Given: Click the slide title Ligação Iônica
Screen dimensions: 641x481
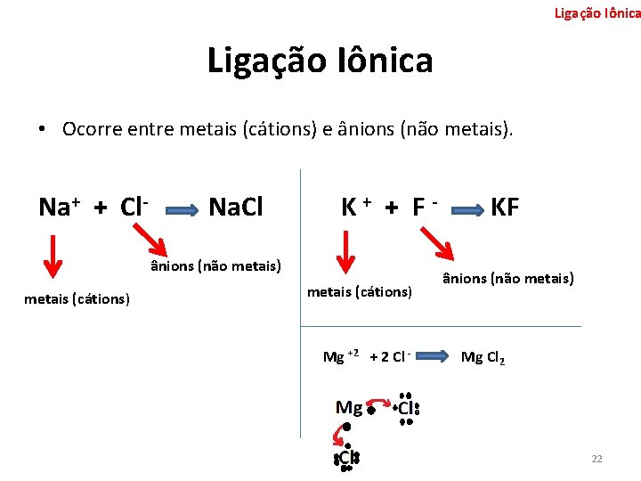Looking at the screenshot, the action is click(x=320, y=61).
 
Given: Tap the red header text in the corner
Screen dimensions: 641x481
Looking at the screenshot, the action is click(x=596, y=12).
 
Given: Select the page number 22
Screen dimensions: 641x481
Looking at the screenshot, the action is click(x=596, y=459).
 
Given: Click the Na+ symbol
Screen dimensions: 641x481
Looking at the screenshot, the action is click(x=60, y=208).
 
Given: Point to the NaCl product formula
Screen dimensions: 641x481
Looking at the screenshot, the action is click(x=236, y=208).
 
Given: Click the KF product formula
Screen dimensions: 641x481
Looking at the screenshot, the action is click(x=505, y=208).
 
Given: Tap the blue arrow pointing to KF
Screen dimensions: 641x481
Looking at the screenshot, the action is click(x=465, y=210).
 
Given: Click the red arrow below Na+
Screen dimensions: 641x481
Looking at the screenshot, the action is click(x=53, y=257).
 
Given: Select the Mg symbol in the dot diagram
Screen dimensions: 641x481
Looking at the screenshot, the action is click(x=348, y=408).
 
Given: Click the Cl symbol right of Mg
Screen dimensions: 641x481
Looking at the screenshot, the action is click(x=407, y=409).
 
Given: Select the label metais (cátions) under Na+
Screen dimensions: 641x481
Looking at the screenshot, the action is click(x=77, y=298).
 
